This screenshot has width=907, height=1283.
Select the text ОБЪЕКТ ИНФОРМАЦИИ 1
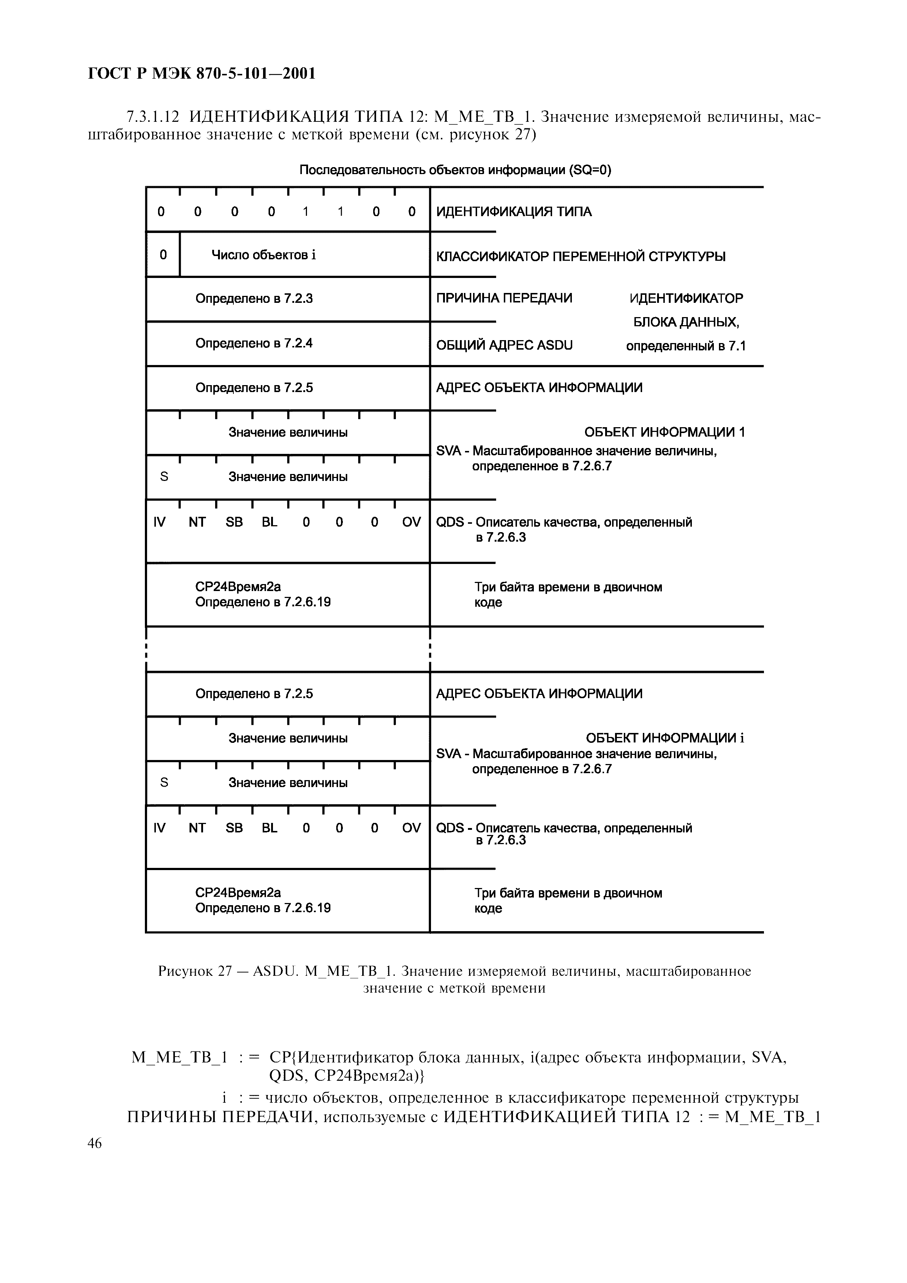coord(664,432)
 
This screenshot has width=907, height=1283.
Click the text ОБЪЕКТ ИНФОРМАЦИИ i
coord(664,738)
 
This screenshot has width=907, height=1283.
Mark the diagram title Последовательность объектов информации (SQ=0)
coord(455,170)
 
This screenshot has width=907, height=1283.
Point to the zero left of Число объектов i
coord(163,255)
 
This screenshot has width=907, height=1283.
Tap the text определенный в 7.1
coord(686,346)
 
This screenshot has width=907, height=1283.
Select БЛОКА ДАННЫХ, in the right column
coord(686,323)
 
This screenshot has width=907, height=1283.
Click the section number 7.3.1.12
coord(153,117)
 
